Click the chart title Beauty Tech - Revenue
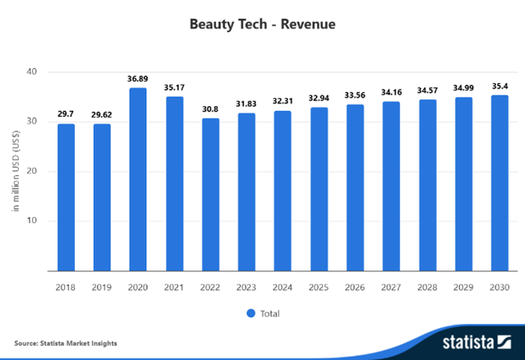[x=262, y=24]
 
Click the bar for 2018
[x=66, y=197]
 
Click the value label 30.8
[x=210, y=109]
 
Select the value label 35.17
[x=174, y=87]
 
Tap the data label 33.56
[x=355, y=95]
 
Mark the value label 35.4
[x=500, y=86]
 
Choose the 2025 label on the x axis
[x=319, y=287]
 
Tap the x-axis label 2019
[x=102, y=287]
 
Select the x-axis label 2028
[x=427, y=287]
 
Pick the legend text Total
[x=269, y=313]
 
